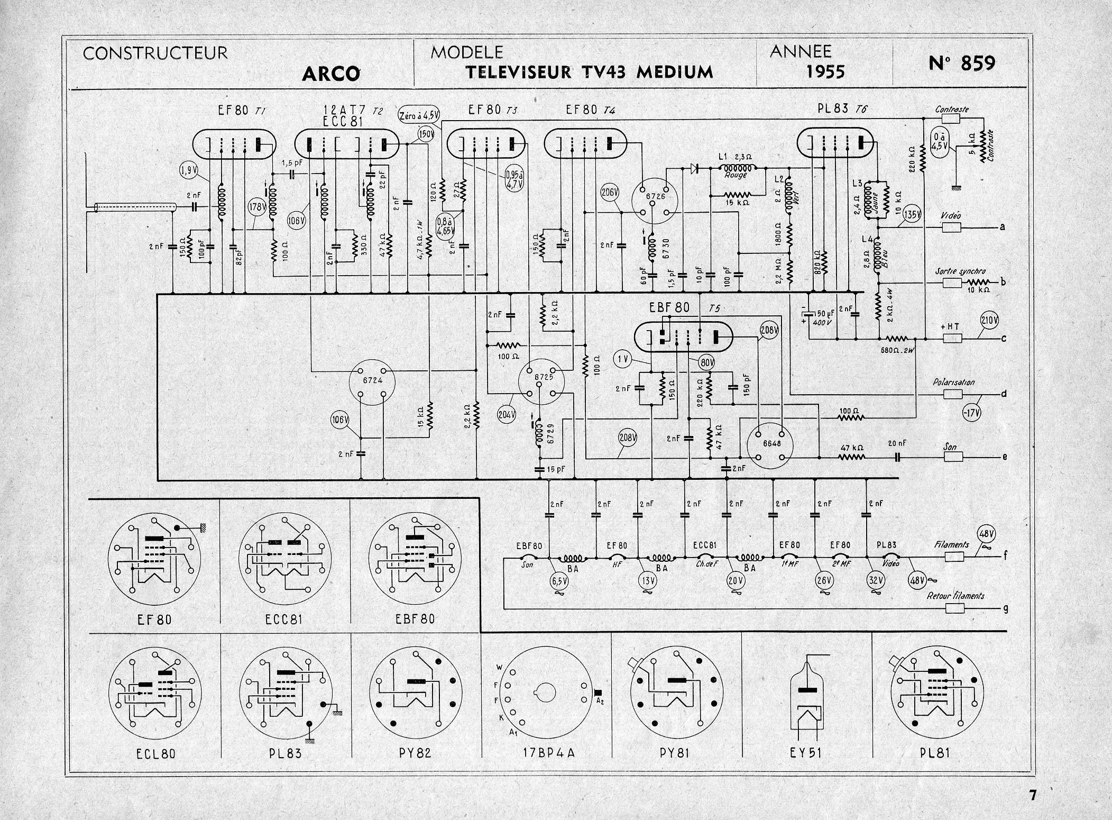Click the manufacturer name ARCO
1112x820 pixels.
331,73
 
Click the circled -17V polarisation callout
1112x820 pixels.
970,412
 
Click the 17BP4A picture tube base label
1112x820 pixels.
547,752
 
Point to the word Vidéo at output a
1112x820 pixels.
951,216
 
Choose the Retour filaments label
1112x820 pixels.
955,596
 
